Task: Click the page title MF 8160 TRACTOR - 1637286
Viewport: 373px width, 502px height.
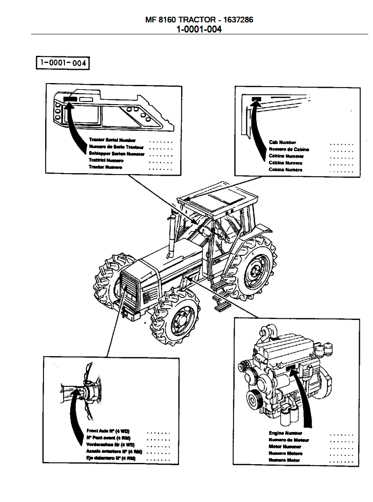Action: click(x=199, y=20)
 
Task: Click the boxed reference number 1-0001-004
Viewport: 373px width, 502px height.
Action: click(x=62, y=63)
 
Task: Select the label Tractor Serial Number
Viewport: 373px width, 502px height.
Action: click(x=112, y=140)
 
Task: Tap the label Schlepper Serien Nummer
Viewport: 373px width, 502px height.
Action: click(x=116, y=153)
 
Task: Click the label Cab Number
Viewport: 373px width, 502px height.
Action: click(x=282, y=142)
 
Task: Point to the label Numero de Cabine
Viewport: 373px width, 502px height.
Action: click(x=289, y=149)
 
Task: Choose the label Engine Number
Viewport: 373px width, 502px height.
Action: click(x=285, y=433)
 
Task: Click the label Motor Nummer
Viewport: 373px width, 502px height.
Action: click(x=285, y=447)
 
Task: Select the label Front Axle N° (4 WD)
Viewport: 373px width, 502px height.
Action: click(x=108, y=431)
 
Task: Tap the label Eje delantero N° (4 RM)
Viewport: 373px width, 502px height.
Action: click(x=111, y=458)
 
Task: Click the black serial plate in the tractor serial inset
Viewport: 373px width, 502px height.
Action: click(x=70, y=99)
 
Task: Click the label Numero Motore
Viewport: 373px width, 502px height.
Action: click(x=285, y=453)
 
